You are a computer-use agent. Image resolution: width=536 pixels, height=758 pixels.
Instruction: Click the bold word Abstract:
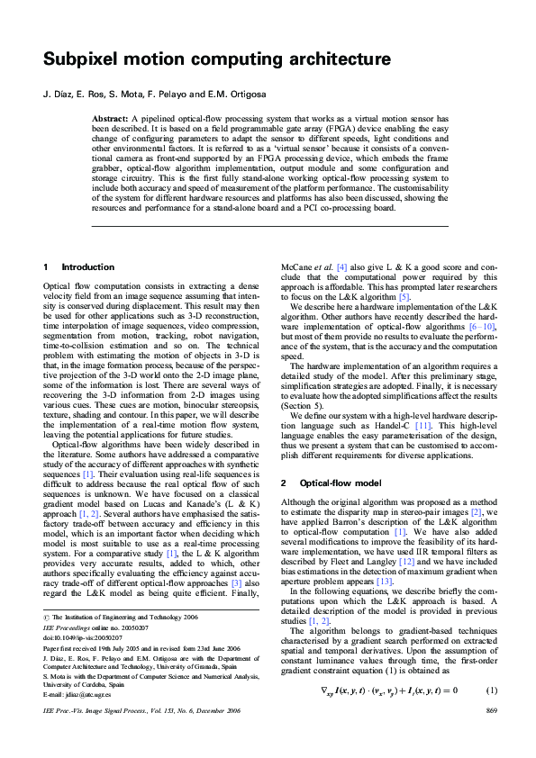coord(111,119)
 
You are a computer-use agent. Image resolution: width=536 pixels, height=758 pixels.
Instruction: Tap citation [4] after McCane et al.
coord(342,267)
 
